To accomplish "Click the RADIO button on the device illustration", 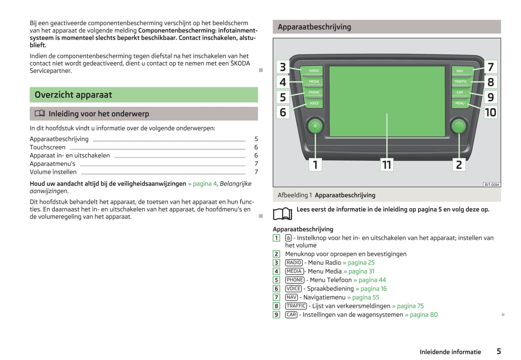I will coord(314,71).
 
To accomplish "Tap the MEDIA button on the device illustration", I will coord(314,82).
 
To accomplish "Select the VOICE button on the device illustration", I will coord(314,103).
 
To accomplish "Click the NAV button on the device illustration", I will coord(460,71).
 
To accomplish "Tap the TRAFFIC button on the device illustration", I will coord(460,82).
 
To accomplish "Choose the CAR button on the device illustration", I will coord(460,92).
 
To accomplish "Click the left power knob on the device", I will coord(315,126).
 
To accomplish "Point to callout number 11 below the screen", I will coord(387,165).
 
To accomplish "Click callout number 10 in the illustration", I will coord(490,112).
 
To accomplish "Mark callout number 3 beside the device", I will coord(283,67).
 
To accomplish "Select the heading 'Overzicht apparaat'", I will coord(74,95).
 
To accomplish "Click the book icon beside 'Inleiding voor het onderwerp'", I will coord(40,114).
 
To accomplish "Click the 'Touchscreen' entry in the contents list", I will coord(48,147).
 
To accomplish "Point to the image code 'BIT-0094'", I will coord(491,185).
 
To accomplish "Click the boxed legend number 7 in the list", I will coord(277,297).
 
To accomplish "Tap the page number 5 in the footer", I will coord(499,351).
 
